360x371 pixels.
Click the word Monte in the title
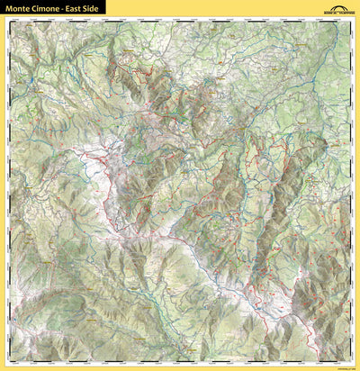[x=19, y=7]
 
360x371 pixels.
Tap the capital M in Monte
[x=8, y=7]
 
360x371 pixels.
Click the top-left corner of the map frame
[x=7, y=17]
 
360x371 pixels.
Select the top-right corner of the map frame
[x=352, y=17]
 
